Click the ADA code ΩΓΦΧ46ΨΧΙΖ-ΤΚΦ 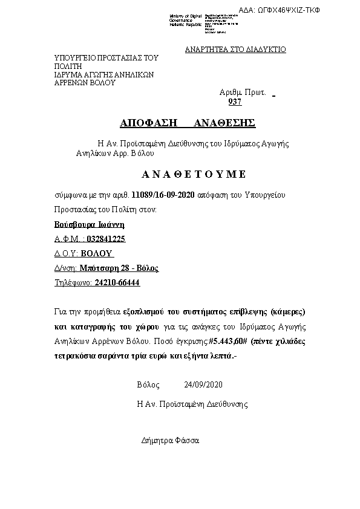click(288, 10)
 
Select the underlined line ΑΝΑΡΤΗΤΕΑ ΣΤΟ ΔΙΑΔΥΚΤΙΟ click(235, 50)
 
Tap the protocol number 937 click(235, 102)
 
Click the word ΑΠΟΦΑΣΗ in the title click(148, 123)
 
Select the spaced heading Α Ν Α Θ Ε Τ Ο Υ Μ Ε click(194, 174)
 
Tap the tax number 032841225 click(106, 239)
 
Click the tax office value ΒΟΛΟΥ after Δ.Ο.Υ click(97, 253)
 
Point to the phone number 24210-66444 click(117, 282)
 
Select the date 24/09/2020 click(204, 384)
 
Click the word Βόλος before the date click(148, 384)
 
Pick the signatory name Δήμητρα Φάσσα click(170, 440)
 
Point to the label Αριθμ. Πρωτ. click(243, 92)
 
